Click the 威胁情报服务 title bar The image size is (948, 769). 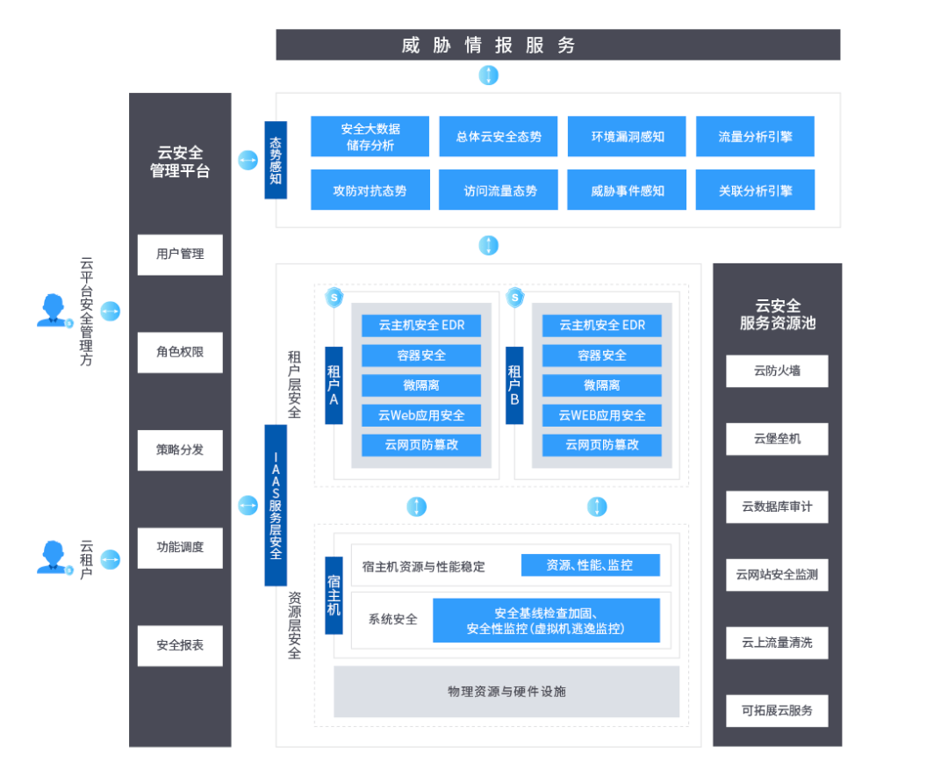coord(557,45)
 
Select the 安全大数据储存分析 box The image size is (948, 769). coord(370,137)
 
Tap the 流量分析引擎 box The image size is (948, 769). coord(755,137)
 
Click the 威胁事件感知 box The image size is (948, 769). coord(627,190)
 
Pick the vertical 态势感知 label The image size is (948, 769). coord(276,161)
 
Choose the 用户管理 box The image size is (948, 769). coord(180,255)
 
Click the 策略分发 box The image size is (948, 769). coord(180,450)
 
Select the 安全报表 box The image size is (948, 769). coord(180,645)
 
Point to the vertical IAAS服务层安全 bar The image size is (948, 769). coord(276,505)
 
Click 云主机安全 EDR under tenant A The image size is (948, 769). coord(421,326)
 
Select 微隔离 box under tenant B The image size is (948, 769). coord(601,385)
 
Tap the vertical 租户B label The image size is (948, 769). coord(514,384)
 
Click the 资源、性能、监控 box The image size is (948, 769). coord(590,565)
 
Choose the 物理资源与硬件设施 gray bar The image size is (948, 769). coord(506,692)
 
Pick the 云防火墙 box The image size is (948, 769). coord(777,370)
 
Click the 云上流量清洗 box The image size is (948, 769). coord(777,643)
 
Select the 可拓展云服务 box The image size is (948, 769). coord(777,710)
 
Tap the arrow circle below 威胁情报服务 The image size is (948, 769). coord(489,75)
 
